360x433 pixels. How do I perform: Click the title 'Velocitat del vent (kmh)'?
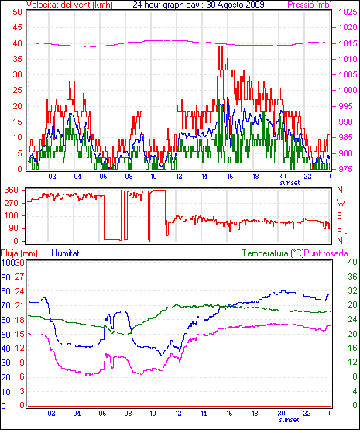click(x=70, y=5)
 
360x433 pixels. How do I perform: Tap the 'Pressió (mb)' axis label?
click(x=310, y=5)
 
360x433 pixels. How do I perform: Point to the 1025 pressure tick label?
click(x=348, y=12)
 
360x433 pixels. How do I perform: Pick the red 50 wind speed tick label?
click(x=17, y=12)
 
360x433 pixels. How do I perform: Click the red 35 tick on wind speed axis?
click(x=17, y=59)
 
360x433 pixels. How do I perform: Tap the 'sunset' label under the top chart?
click(x=290, y=183)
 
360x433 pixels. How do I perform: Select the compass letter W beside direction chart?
click(x=341, y=203)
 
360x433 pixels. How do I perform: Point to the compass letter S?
click(x=340, y=215)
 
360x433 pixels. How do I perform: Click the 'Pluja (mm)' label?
click(x=19, y=253)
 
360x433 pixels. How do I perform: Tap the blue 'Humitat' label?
click(x=66, y=253)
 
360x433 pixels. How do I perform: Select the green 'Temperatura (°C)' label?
click(x=273, y=253)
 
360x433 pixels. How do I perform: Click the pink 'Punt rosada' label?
click(x=326, y=253)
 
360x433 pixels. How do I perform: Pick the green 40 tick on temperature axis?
click(x=352, y=262)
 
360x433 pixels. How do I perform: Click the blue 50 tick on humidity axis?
click(x=5, y=335)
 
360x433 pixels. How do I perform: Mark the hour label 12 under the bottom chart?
click(x=179, y=414)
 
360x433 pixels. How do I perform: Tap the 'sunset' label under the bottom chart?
click(x=289, y=420)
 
